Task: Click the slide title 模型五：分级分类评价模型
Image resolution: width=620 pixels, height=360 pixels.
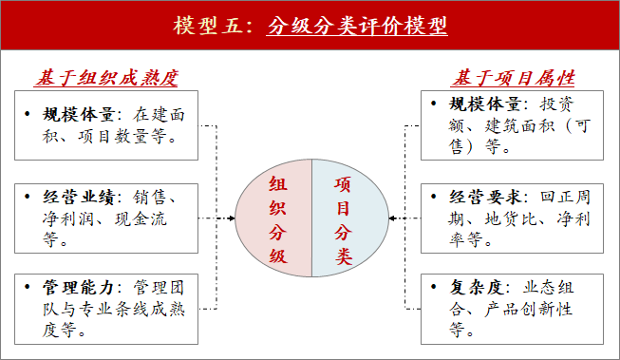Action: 310,26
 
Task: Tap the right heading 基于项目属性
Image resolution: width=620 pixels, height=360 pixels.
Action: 513,77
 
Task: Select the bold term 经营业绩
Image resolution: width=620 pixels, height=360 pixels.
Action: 78,199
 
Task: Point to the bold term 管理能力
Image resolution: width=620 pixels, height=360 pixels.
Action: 78,285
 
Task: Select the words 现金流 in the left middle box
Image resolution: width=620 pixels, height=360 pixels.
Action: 151,218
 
